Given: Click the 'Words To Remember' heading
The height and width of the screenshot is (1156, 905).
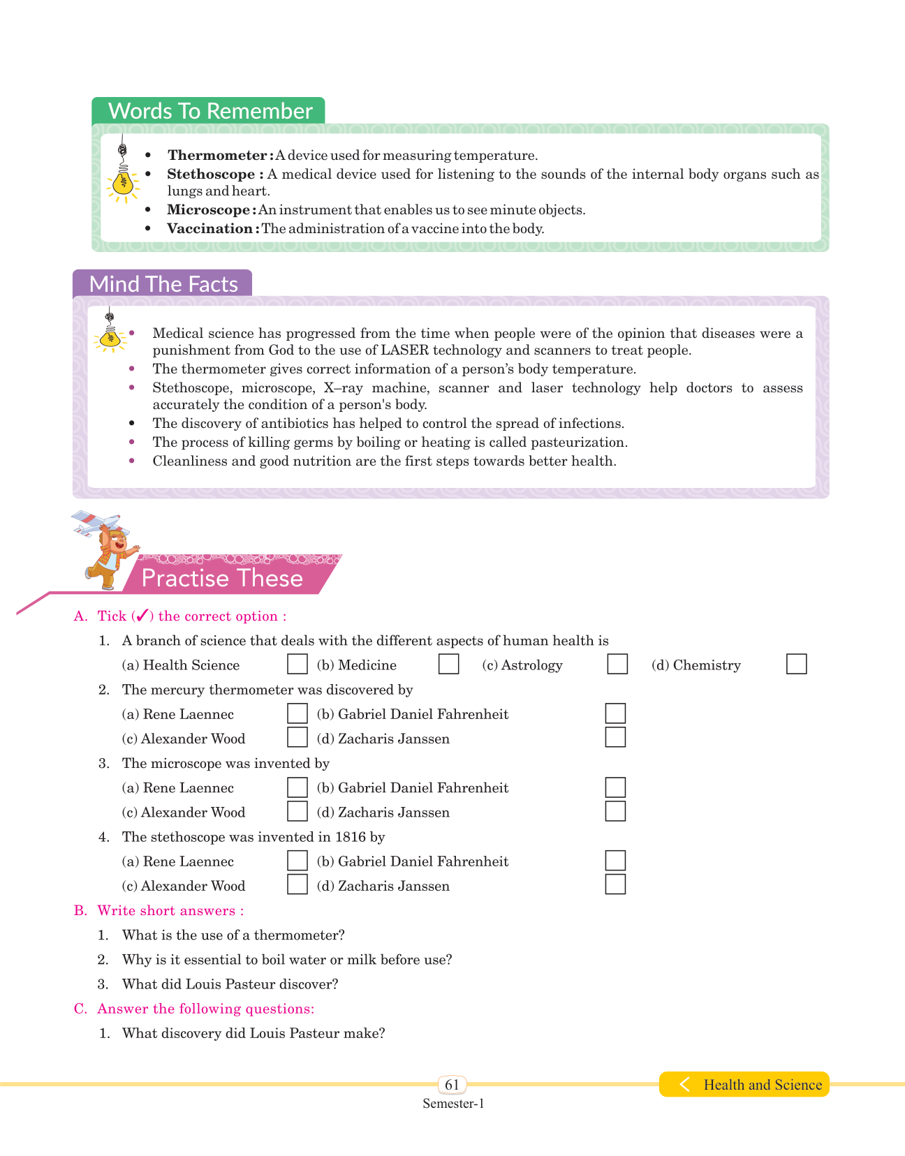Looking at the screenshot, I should (210, 111).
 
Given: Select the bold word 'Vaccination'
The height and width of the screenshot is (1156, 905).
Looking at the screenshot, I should (210, 228).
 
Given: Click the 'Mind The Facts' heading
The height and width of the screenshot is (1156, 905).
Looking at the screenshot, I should (163, 284).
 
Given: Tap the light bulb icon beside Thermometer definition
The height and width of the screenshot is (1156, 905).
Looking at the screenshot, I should (123, 181).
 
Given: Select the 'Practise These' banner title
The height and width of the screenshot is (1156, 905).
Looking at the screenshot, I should (222, 578).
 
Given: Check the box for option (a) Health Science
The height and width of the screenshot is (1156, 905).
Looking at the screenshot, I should (297, 664).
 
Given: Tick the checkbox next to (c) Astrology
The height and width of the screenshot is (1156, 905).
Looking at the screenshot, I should (617, 664).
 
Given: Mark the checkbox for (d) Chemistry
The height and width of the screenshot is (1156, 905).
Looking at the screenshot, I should (796, 664).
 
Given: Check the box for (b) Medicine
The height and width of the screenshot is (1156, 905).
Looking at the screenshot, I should (449, 664).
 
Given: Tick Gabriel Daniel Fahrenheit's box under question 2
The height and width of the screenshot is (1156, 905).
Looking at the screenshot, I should (615, 713).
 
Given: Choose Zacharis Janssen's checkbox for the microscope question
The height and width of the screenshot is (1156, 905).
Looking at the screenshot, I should (615, 811).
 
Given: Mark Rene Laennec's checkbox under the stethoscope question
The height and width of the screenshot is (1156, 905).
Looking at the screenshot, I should (297, 861).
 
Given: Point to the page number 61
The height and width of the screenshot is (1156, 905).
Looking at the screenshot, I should (453, 1084).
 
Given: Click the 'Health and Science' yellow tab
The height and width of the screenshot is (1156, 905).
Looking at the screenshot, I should (762, 1085).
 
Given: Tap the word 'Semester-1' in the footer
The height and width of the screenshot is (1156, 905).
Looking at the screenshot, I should (453, 1104).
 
